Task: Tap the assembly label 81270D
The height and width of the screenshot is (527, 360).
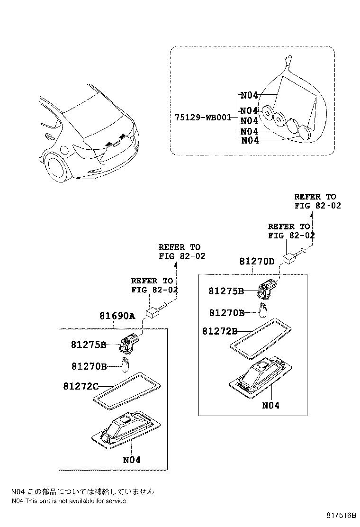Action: [x=257, y=261]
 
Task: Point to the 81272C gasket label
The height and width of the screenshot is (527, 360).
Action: [x=81, y=387]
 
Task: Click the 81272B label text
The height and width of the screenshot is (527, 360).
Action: [x=220, y=331]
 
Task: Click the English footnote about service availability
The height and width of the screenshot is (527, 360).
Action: [x=69, y=501]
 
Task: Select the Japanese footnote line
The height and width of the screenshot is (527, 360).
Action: [x=82, y=492]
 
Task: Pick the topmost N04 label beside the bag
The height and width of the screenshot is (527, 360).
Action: [x=249, y=95]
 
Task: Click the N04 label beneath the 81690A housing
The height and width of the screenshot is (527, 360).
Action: [x=132, y=460]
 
